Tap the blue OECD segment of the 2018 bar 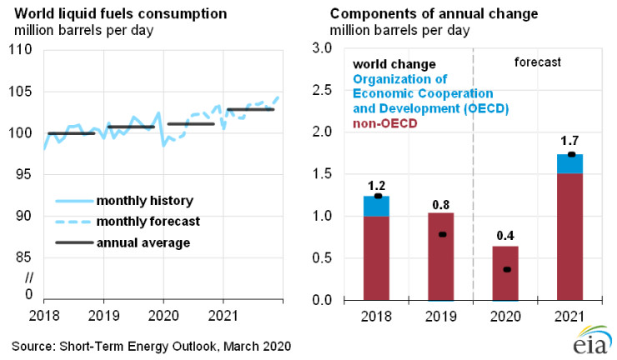[376, 207]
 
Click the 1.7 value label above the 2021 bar [570, 141]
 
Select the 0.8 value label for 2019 [441, 202]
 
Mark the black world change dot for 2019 [442, 234]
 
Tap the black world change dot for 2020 [506, 269]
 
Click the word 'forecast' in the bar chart [537, 62]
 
